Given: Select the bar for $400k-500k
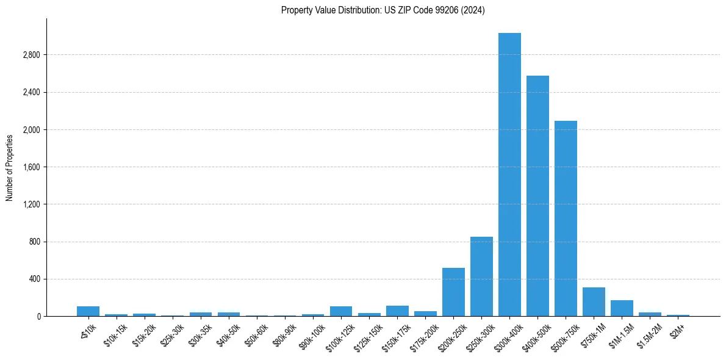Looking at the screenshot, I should [x=537, y=196].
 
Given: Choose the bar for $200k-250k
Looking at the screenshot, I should [x=453, y=292].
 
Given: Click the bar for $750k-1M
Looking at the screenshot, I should [x=594, y=302].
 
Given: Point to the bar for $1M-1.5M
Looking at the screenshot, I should [x=622, y=308].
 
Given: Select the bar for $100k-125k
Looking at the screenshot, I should [x=341, y=311].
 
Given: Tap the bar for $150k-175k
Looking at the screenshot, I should [x=397, y=311].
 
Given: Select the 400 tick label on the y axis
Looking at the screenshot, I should [x=34, y=279].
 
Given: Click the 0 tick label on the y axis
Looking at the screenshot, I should [x=38, y=317].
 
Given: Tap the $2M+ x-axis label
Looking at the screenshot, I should [x=678, y=329].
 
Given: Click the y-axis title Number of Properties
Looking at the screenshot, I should [x=10, y=167].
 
